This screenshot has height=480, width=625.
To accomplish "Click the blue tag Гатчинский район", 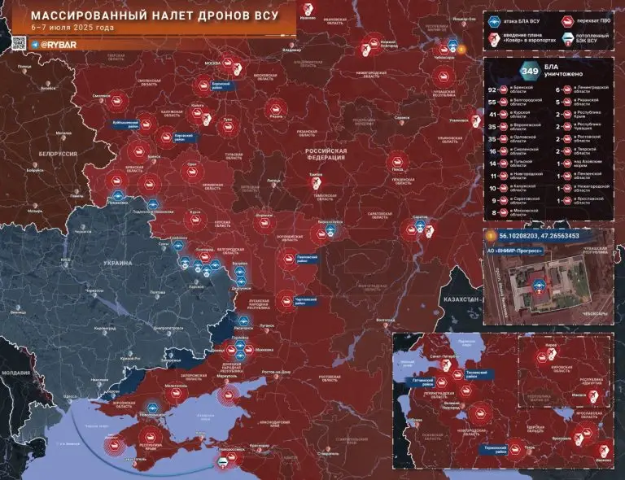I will (x=419, y=380).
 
